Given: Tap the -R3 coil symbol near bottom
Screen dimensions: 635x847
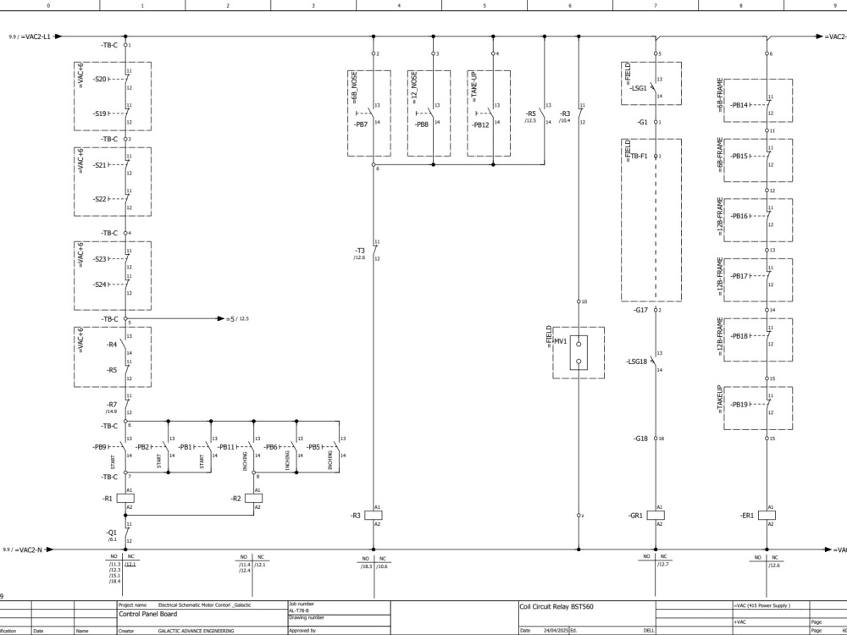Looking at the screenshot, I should click(x=374, y=515).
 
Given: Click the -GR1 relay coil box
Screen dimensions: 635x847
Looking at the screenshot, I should click(x=655, y=515).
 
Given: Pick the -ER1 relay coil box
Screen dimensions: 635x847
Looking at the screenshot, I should click(x=767, y=515).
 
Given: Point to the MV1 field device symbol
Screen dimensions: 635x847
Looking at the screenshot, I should click(x=578, y=352).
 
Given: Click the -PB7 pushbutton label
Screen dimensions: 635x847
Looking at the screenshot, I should click(x=360, y=125).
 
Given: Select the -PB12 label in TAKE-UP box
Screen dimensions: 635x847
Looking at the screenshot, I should click(x=480, y=125).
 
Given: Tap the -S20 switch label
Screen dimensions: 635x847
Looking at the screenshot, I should click(x=100, y=79).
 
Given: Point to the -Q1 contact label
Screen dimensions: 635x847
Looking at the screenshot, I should click(x=112, y=532).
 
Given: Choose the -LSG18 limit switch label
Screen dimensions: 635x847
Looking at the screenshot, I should click(x=636, y=362).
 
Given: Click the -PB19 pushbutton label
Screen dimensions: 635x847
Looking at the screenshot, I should click(x=739, y=405).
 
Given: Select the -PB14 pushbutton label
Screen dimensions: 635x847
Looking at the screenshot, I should click(x=739, y=105).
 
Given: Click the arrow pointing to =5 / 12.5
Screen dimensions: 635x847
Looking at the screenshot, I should click(x=216, y=319).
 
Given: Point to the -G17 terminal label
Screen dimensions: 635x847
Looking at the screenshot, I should click(x=640, y=310).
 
